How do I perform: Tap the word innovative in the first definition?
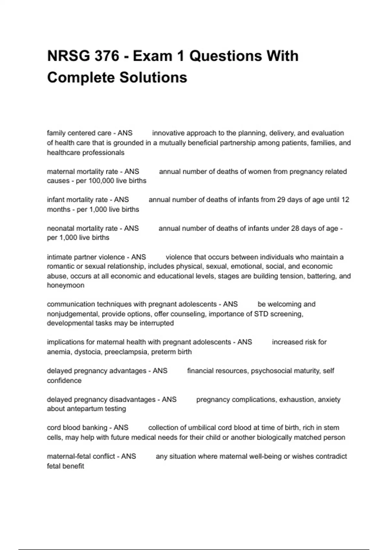(168, 133)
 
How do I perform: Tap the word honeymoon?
(66, 285)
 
